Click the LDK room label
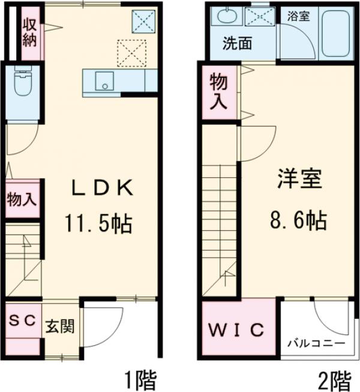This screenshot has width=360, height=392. click(x=102, y=188)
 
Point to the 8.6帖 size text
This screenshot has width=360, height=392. click(x=298, y=221)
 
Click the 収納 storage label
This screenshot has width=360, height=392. click(x=30, y=32)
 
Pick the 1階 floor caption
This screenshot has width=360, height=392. click(x=140, y=379)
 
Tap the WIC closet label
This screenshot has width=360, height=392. click(x=238, y=330)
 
